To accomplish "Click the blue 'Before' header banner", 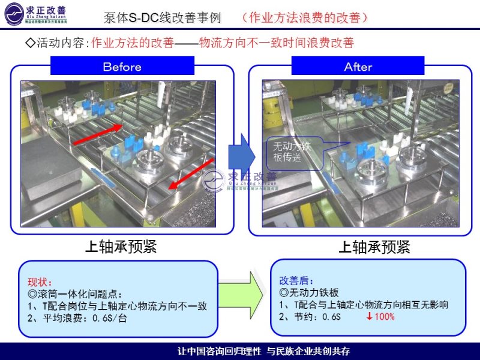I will coord(122,66).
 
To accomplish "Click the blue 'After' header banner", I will coord(358,66).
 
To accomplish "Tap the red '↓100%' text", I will coord(380,316).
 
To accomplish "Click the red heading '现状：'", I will coord(40,282).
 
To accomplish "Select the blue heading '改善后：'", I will coord(296,280).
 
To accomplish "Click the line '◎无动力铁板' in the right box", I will coord(310,293).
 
